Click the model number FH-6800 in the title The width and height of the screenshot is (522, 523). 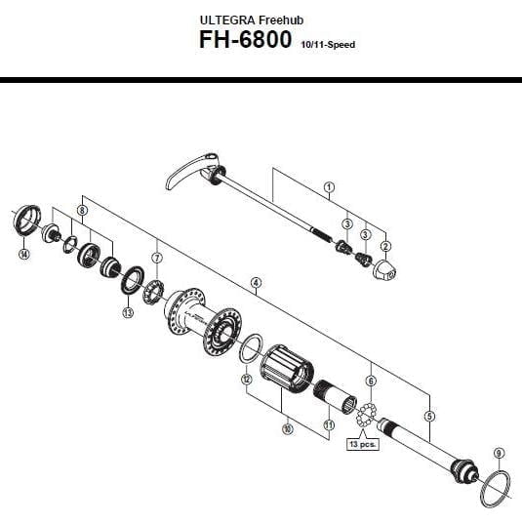(245, 40)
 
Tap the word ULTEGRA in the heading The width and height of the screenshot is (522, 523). (227, 20)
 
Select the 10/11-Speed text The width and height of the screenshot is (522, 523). (328, 45)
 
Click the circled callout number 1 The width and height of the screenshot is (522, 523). (329, 187)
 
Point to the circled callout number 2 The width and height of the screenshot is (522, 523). (385, 247)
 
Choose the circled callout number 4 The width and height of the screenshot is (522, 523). (256, 283)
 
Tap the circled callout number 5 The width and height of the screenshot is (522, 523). (429, 416)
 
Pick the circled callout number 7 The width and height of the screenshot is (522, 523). (157, 258)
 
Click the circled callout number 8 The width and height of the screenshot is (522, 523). (82, 211)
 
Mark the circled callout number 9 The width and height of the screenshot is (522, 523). (499, 454)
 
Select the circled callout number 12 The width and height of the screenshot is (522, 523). (247, 379)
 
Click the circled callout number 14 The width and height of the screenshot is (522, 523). (23, 254)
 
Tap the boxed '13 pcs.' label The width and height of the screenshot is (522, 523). (363, 444)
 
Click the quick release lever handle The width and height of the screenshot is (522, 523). (186, 169)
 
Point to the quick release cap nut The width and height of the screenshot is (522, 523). (384, 270)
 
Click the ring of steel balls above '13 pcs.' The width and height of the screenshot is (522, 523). (367, 415)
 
